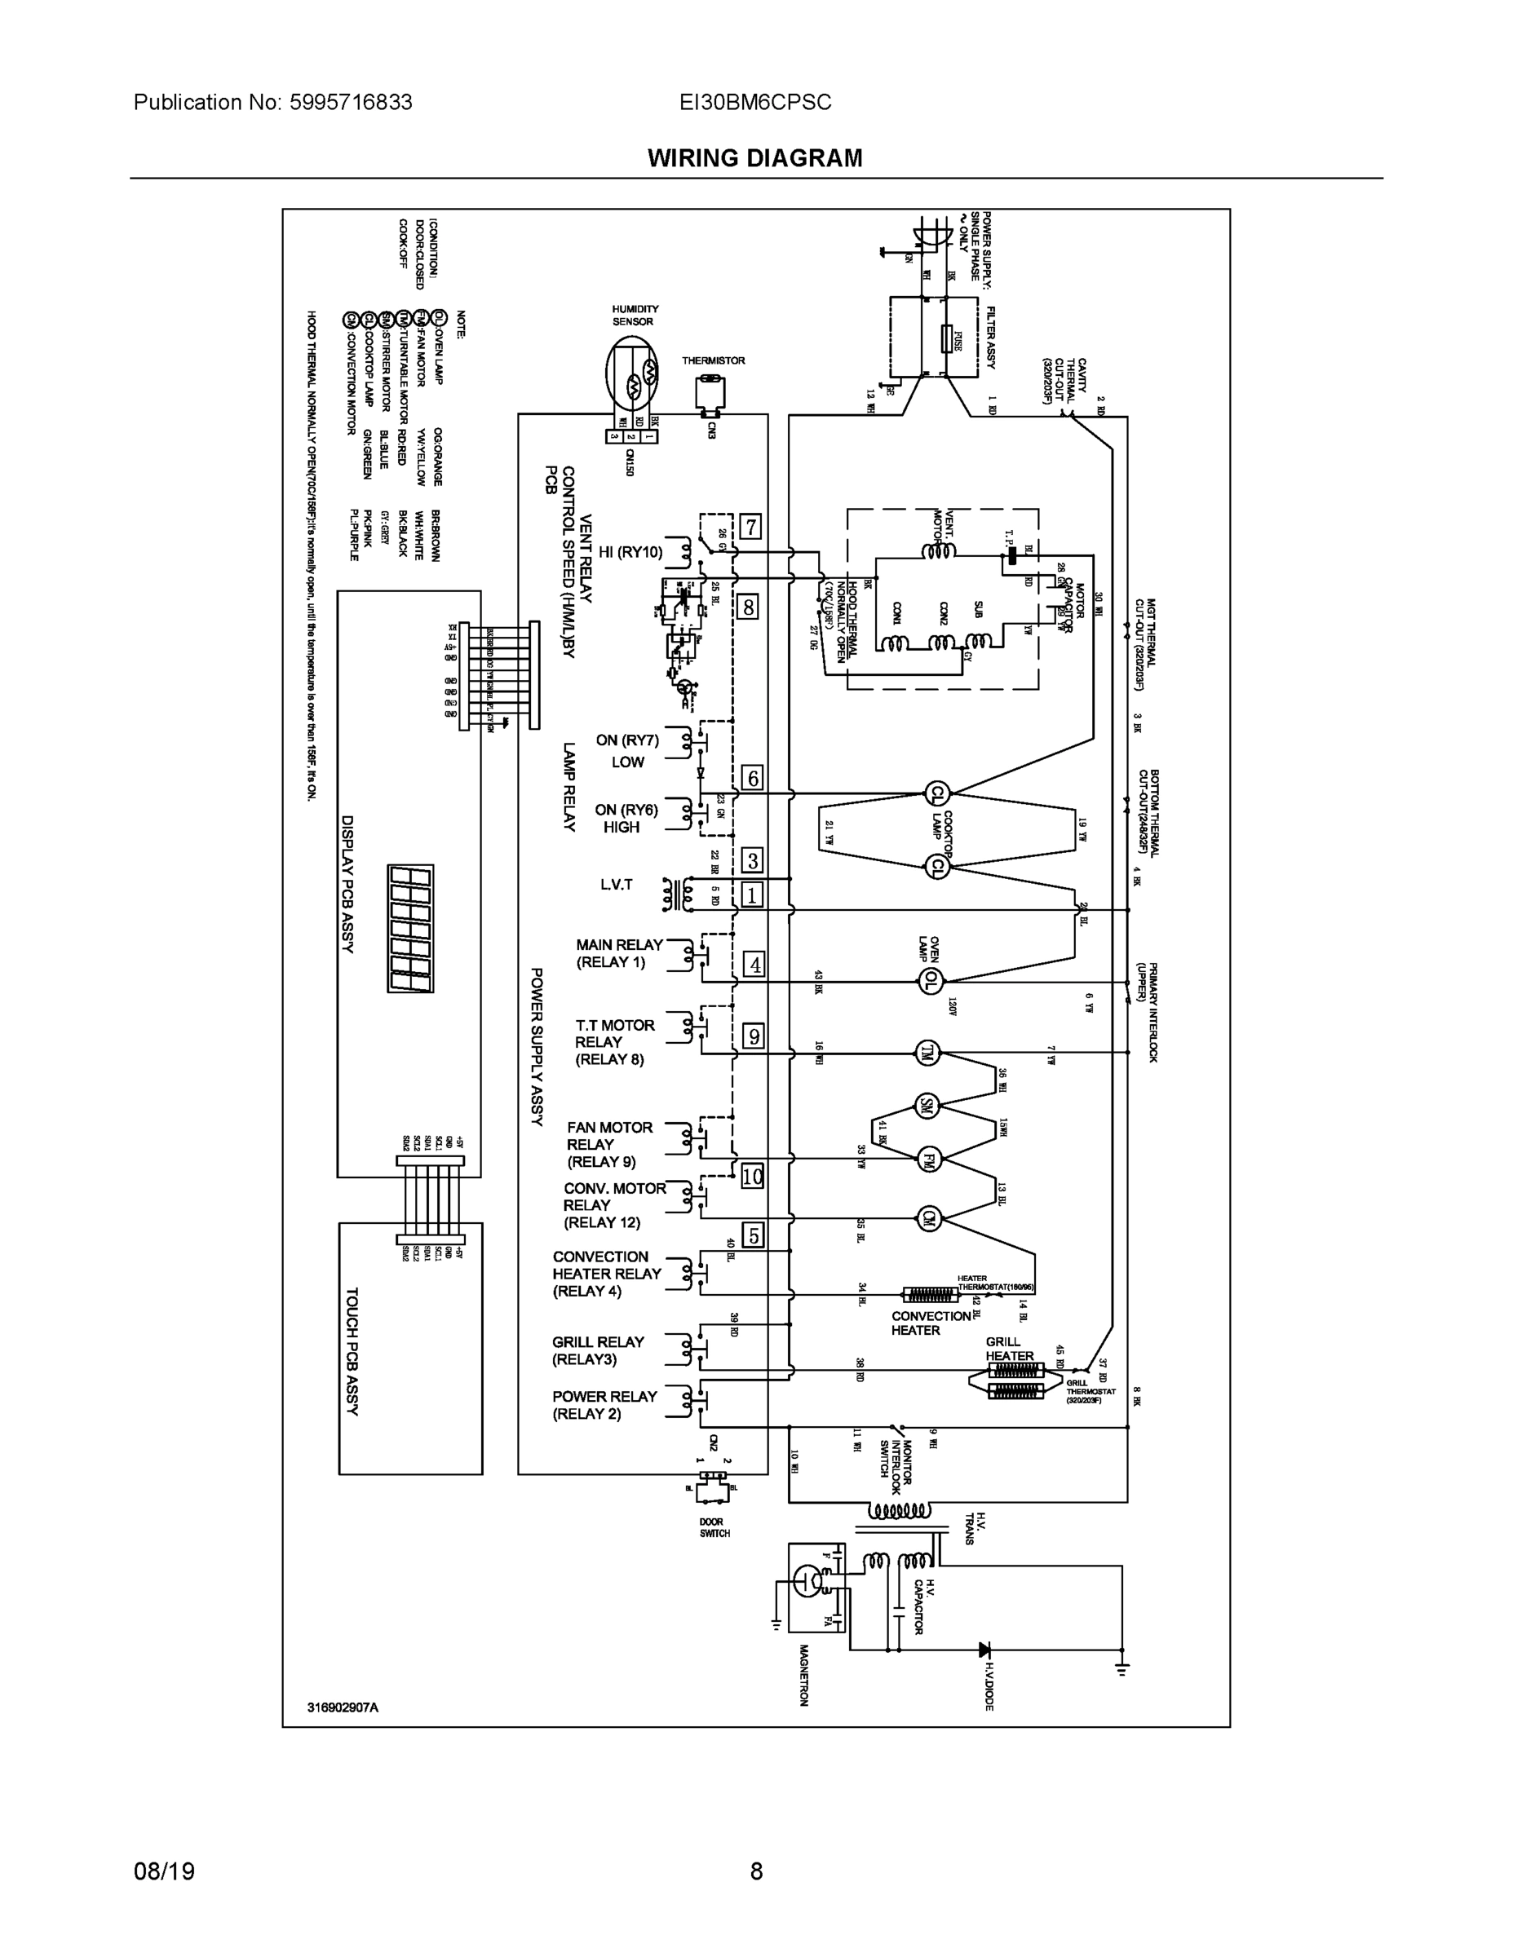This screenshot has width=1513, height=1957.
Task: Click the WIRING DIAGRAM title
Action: coord(754,159)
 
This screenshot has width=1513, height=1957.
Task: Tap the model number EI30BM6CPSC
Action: coord(754,102)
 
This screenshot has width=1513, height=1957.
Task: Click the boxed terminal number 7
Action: coord(750,526)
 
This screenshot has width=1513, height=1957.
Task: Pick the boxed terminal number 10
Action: coord(752,1176)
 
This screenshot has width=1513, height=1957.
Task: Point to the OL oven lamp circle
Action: coord(931,980)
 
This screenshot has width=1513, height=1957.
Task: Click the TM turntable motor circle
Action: coord(926,1054)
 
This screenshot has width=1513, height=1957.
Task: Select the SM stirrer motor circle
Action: coord(925,1107)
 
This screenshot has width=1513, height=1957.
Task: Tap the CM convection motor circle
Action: coord(927,1217)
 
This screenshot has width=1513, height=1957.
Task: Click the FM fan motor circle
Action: coord(927,1160)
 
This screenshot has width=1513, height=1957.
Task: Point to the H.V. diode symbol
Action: coord(984,1649)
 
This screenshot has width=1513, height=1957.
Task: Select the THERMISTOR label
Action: coord(713,360)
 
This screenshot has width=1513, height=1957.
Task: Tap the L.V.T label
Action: coord(616,885)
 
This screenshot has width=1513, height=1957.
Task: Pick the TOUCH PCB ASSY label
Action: coord(352,1352)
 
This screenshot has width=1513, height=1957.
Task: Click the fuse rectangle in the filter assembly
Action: coord(946,341)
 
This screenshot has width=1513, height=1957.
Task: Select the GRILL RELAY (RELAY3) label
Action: coord(598,1350)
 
